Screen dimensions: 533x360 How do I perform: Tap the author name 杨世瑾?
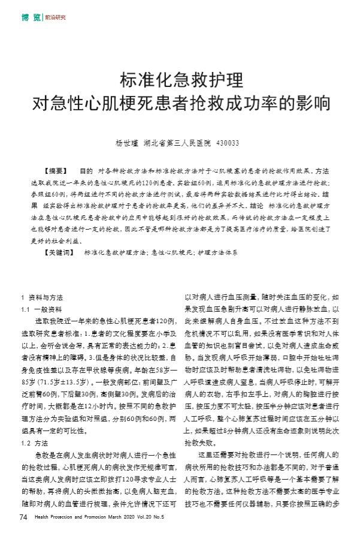click(x=128, y=143)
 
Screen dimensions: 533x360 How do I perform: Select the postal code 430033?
click(x=227, y=143)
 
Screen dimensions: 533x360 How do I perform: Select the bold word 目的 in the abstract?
click(x=86, y=171)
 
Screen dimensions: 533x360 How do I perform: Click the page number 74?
click(x=23, y=516)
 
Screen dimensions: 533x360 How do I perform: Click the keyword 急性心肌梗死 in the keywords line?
click(x=171, y=252)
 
